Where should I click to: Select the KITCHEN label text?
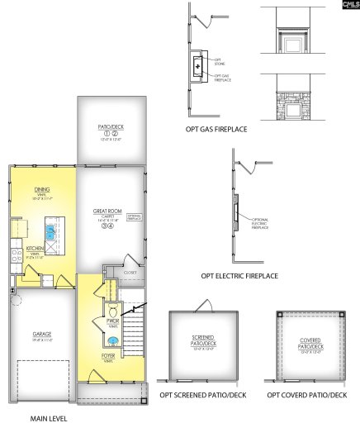click(x=35, y=248)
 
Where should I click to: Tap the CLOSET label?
click(x=130, y=271)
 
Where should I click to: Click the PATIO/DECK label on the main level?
click(x=111, y=127)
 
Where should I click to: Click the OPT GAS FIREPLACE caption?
click(x=216, y=130)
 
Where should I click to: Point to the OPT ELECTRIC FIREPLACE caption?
click(x=239, y=275)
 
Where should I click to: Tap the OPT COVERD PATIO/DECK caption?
click(x=307, y=397)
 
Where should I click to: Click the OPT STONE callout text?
click(x=219, y=59)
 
